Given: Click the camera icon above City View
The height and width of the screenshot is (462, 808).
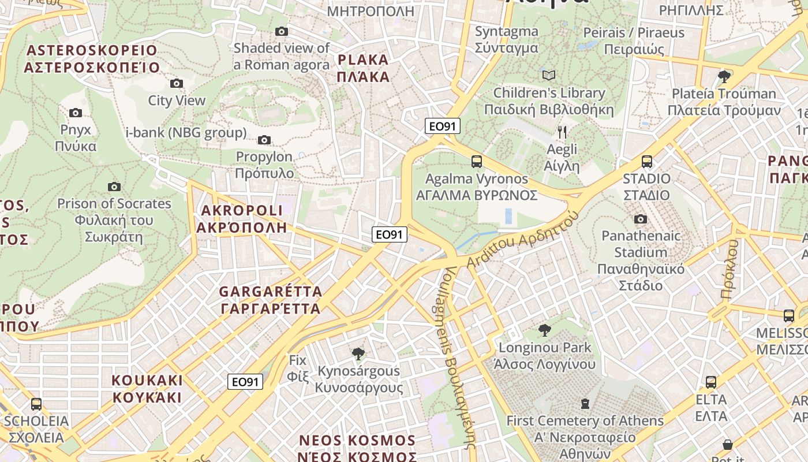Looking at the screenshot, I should point(177,84).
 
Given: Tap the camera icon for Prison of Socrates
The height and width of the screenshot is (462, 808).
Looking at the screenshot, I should point(114,187).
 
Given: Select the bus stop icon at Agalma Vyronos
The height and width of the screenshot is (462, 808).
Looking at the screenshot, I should point(476,162).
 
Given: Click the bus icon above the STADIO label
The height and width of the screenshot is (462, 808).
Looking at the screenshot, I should point(646,162).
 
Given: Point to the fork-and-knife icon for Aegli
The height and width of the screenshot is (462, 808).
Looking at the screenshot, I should point(562,132).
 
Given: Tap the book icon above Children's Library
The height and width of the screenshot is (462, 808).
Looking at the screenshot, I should point(549,76).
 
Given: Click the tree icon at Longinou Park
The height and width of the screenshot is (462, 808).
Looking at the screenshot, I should point(544,330).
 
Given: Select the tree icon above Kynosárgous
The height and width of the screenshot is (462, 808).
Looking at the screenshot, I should point(358,353).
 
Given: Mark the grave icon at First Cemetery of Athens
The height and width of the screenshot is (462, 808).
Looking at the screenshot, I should point(585,403).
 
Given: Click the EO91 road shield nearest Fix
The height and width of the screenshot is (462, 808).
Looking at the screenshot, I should point(245,382).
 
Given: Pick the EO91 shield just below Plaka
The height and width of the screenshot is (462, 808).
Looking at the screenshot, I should point(443,126).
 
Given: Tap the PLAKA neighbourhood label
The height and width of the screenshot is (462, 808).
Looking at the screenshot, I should point(363,68).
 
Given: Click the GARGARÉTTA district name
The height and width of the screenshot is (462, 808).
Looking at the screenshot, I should point(271,300).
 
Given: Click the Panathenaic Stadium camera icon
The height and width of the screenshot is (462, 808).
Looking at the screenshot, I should point(640,219).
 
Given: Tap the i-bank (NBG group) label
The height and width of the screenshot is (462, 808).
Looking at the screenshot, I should point(186,133).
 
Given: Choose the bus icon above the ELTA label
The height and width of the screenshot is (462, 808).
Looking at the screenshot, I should point(710,382).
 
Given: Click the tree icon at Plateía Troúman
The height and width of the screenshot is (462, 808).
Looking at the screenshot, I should point(724,76).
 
